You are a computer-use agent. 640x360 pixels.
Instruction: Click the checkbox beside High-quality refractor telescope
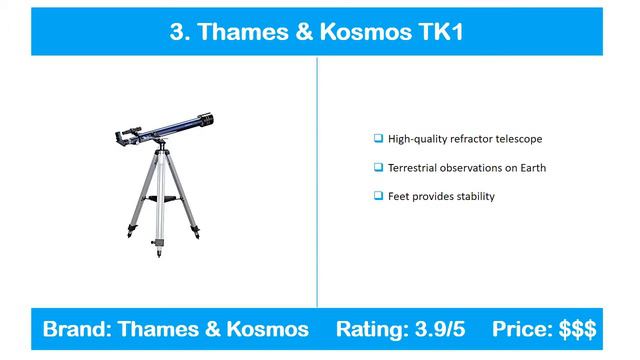(x=378, y=139)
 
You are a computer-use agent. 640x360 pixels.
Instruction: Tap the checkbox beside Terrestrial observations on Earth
(x=378, y=167)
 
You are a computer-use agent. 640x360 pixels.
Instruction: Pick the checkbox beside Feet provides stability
(x=378, y=196)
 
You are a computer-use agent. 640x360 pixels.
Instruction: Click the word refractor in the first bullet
(x=466, y=139)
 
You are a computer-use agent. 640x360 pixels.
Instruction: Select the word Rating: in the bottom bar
(x=370, y=328)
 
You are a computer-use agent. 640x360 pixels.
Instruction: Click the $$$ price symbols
(x=577, y=328)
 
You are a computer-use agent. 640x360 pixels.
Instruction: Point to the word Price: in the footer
(x=523, y=328)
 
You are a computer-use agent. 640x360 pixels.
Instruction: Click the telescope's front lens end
(x=206, y=120)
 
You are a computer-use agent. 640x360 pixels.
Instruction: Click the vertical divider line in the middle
(x=318, y=180)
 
